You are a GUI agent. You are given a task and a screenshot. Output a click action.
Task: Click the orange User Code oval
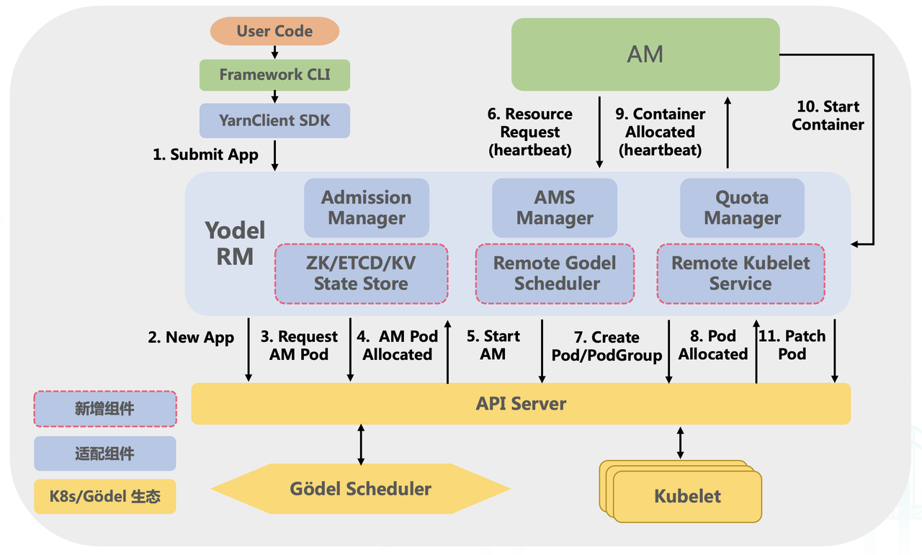274,32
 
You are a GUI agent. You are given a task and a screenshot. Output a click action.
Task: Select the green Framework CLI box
274,75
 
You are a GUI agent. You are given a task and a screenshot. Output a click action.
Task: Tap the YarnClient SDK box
274,120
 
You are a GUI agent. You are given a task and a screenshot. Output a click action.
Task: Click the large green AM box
645,54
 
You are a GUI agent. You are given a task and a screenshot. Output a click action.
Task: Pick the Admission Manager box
367,208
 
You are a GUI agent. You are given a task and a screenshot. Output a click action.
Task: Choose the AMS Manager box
555,208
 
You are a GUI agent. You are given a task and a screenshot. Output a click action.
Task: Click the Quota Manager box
742,208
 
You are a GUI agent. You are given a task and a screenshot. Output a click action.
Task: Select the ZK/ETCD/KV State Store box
361,274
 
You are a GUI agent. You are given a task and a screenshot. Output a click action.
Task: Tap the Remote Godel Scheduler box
555,274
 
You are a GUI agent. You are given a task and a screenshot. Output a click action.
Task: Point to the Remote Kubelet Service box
740,274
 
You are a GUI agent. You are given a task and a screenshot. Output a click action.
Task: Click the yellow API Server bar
521,403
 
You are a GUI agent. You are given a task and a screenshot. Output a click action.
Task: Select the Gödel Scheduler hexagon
361,489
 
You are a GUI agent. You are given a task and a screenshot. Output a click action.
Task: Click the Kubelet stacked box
686,495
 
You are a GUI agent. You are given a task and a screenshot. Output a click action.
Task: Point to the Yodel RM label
235,243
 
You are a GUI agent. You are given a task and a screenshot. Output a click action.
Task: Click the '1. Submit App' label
205,155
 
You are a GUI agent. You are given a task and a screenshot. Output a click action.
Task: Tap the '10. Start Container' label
828,116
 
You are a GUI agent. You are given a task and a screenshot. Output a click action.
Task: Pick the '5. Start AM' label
493,346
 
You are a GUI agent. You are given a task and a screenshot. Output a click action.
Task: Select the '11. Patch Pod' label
792,346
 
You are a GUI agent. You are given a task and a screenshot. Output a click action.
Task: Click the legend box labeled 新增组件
104,409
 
